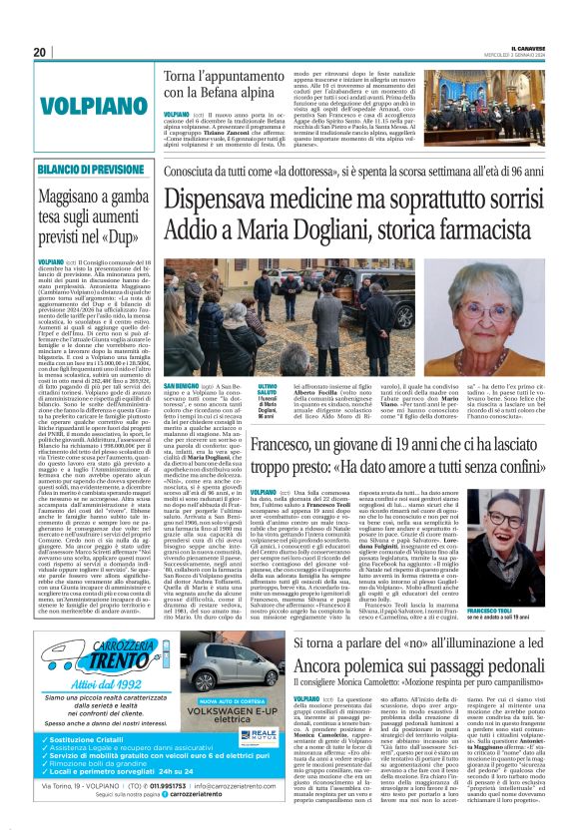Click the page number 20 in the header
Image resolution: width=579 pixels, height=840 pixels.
[x=39, y=52]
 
